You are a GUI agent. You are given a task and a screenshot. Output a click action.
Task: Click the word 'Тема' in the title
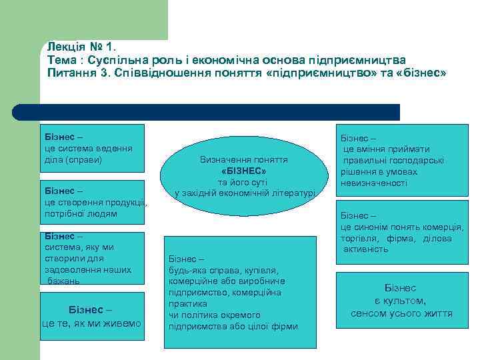pyautogui.click(x=62, y=59)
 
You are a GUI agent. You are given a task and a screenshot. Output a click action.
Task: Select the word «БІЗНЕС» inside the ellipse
pyautogui.click(x=243, y=171)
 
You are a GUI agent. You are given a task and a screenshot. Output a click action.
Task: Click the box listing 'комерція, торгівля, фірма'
pyautogui.click(x=400, y=233)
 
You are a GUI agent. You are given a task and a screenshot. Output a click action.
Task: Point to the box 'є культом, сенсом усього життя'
pyautogui.click(x=400, y=301)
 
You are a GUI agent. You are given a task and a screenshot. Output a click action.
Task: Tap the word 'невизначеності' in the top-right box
pyautogui.click(x=373, y=183)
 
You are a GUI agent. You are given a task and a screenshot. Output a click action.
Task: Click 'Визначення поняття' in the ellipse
pyautogui.click(x=243, y=160)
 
